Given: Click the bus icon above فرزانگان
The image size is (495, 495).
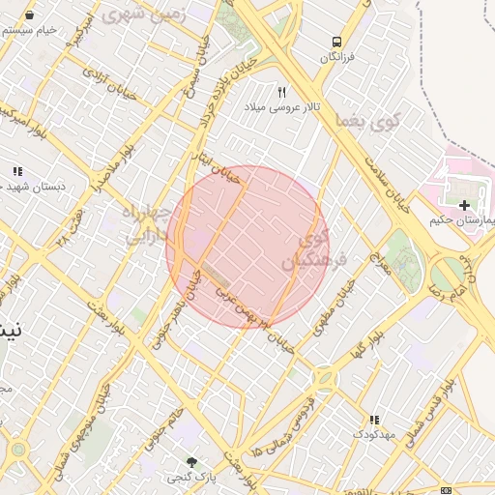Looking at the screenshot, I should [336, 42].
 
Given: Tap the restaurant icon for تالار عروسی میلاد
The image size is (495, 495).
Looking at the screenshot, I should [282, 92].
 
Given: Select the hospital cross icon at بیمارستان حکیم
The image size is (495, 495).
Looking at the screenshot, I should [465, 205].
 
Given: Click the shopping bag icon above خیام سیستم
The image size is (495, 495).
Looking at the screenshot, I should [29, 15].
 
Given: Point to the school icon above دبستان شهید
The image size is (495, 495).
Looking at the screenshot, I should [17, 171].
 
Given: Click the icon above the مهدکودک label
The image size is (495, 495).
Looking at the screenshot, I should [373, 419].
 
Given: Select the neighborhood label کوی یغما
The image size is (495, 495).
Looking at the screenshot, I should [364, 121].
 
